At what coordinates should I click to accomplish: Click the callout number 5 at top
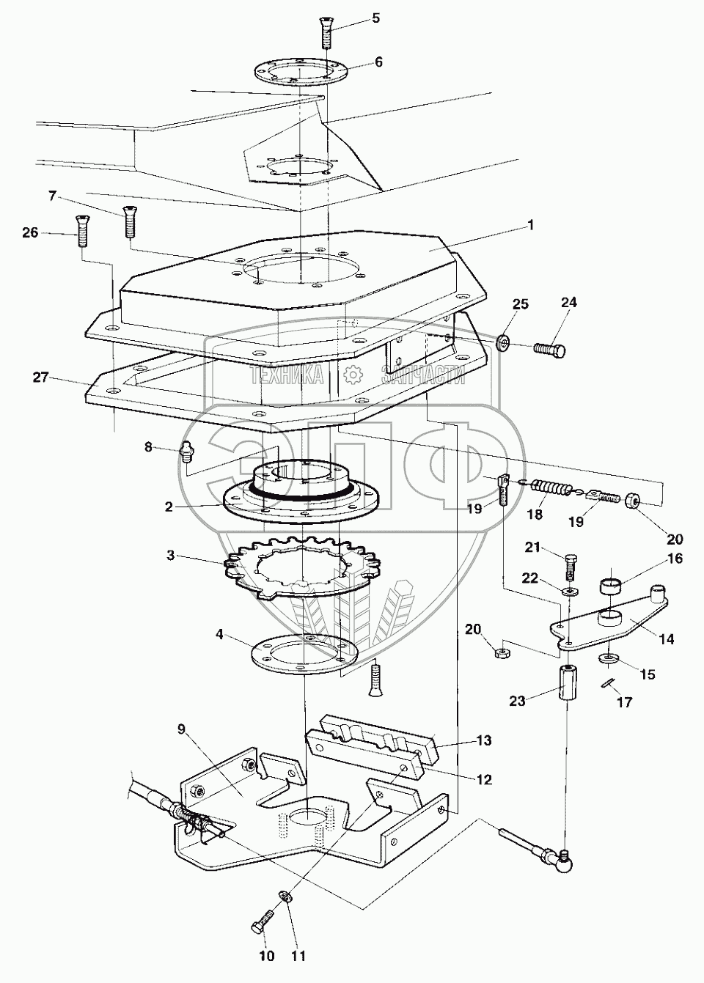[x=375, y=17]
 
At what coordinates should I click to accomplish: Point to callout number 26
[x=30, y=233]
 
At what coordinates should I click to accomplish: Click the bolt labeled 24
[x=549, y=350]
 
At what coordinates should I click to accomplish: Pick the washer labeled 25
[x=503, y=342]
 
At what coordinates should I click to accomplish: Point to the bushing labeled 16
[x=615, y=586]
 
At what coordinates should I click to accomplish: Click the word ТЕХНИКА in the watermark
[x=287, y=376]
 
